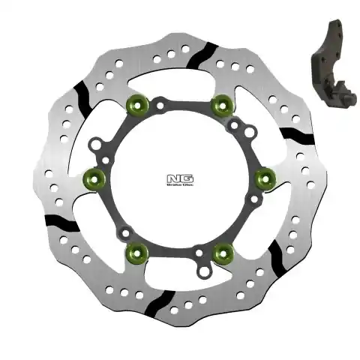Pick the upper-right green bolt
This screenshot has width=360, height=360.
pos(220,104)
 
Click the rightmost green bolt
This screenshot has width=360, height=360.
pos(263,178)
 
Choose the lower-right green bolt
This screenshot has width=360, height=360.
pos(221,253)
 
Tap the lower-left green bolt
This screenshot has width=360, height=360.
pos(136,251)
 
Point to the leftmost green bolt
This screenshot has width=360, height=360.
pos(93,178)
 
